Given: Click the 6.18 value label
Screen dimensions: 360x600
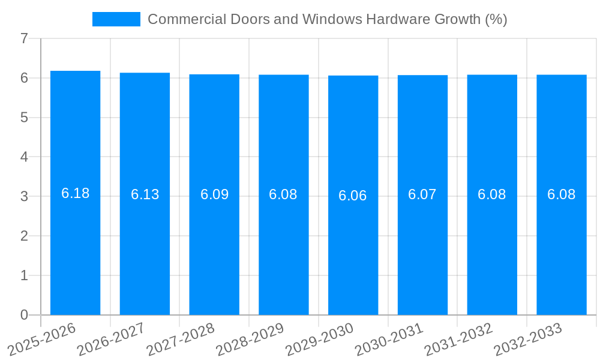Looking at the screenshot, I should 75,193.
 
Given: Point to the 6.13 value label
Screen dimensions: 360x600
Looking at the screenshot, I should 145,194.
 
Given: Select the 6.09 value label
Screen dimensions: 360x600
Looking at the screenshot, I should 214,194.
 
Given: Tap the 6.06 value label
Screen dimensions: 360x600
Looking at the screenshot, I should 353,196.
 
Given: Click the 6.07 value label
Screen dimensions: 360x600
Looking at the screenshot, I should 422,194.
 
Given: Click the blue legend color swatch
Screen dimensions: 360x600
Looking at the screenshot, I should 116,19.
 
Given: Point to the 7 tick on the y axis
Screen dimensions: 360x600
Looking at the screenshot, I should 24,38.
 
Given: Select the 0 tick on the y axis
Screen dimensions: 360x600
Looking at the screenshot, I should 24,315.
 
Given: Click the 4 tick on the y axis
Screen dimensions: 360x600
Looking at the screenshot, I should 24,157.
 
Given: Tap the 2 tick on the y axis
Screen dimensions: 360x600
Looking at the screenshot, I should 24,236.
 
